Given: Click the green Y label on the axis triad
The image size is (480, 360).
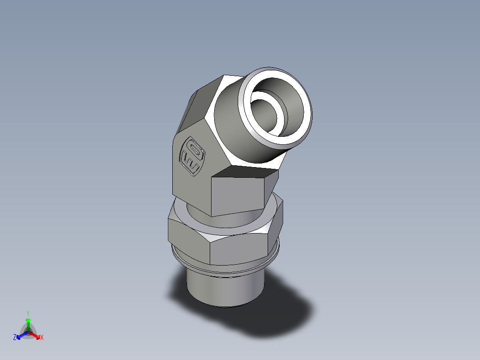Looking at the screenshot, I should pyautogui.click(x=28, y=313).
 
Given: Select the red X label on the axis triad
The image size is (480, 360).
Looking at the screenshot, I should pyautogui.click(x=42, y=338).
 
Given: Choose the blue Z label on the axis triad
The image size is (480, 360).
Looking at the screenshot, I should pyautogui.click(x=15, y=338).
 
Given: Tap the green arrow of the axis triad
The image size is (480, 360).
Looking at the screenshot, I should pyautogui.click(x=28, y=323).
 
